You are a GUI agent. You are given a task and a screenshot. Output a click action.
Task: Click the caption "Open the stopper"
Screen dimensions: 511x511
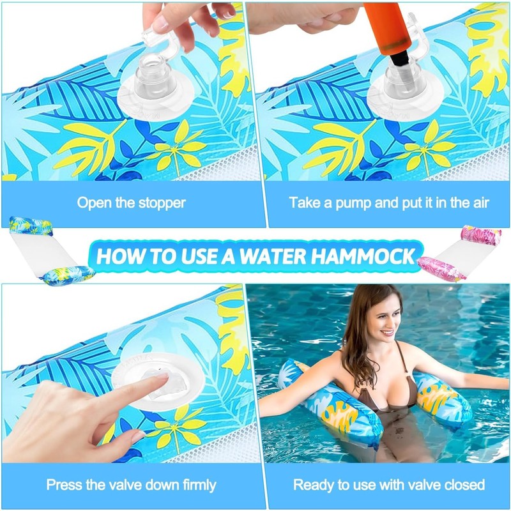click(x=131, y=203)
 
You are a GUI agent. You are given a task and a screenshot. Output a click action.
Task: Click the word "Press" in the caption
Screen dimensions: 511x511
click(x=63, y=485)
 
